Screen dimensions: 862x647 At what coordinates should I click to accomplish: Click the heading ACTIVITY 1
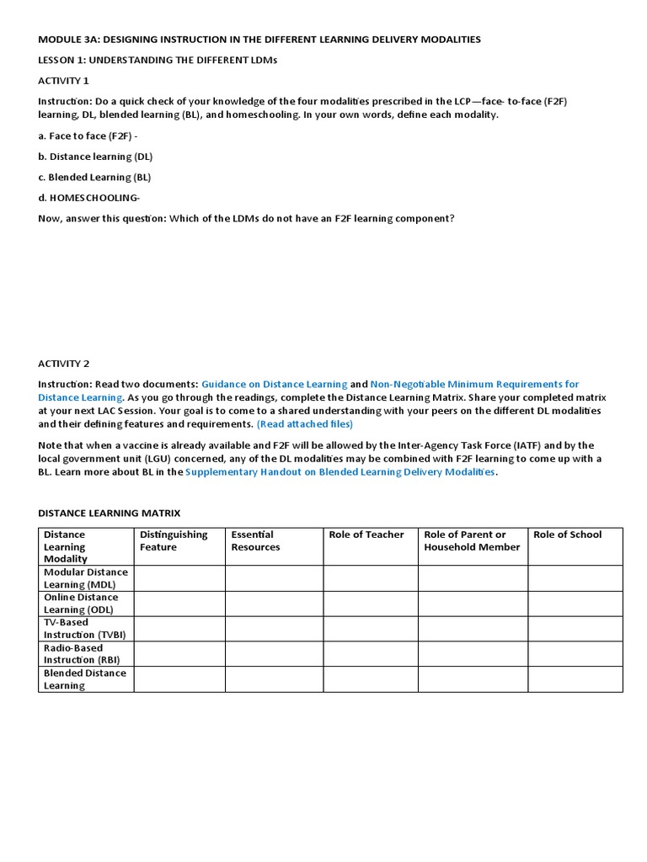(63, 81)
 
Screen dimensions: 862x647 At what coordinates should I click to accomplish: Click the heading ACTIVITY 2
(63, 364)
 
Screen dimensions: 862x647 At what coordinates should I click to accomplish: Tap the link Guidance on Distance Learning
(275, 385)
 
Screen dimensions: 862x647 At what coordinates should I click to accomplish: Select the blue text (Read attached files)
(305, 423)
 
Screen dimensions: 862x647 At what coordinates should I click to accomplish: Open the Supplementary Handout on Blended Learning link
(340, 472)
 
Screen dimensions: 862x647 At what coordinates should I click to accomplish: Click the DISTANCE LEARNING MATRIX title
(110, 513)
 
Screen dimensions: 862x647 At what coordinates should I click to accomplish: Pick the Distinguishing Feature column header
(174, 540)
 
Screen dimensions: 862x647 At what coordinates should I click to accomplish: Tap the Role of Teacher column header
(366, 535)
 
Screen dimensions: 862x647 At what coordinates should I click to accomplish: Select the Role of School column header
(568, 535)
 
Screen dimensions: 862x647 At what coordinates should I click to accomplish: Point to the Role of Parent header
(472, 540)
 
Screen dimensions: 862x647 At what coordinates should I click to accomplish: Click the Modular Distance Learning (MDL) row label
(85, 578)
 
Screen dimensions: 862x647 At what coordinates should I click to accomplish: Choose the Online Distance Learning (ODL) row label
(81, 604)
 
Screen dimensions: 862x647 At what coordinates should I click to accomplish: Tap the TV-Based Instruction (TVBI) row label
(84, 629)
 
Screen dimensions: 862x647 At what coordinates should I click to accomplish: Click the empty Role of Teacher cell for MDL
(371, 578)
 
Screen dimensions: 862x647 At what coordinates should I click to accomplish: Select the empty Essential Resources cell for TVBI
(274, 629)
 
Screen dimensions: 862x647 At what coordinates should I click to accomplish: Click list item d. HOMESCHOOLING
(89, 197)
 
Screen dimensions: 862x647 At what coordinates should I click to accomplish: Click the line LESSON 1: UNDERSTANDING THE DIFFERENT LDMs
(158, 60)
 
